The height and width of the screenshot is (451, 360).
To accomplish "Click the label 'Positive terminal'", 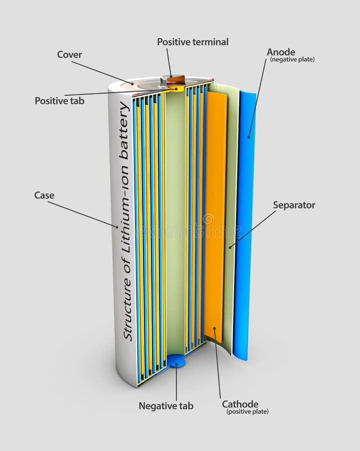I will coord(193,42).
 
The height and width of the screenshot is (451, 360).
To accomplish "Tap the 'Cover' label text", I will coord(69,55).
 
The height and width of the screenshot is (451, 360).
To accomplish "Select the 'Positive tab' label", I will coord(59,101).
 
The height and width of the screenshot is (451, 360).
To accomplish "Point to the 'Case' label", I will coord(44,195).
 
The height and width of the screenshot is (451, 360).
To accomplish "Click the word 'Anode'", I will coord(281,52).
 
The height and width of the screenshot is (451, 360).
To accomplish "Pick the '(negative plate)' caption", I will coord(292,60).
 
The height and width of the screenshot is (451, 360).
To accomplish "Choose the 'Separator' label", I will coord(294,205).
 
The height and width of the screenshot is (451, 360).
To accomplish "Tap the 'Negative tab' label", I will coord(165,406).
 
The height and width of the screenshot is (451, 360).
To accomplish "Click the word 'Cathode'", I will coord(240,404).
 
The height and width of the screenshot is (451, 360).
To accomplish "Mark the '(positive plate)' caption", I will coord(247,412).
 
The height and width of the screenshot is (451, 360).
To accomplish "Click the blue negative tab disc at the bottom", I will coord(176,361).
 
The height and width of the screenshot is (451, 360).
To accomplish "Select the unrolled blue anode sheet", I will coord(246,225).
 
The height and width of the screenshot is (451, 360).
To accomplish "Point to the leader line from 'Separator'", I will coord(253,228).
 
